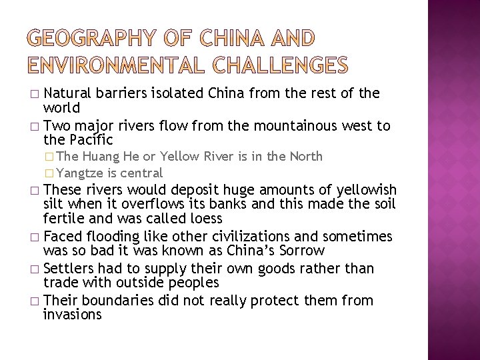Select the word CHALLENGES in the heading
pos(281,65)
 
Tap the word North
pos(306,157)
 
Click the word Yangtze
pos(79,173)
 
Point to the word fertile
pos(63,218)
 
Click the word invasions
pos(72,315)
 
